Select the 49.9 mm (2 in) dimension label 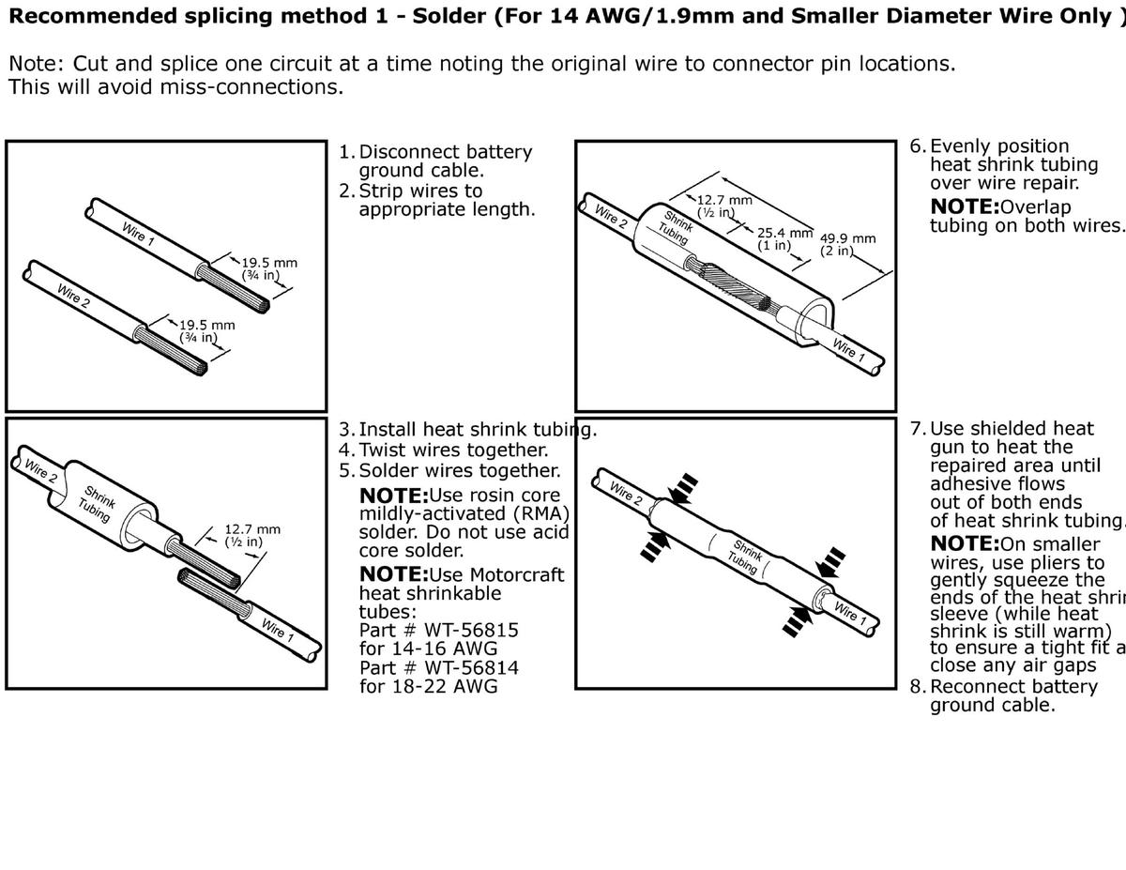click(x=848, y=244)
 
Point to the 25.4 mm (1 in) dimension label click(x=784, y=238)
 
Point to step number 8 click(x=917, y=686)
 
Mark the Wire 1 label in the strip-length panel click(x=138, y=232)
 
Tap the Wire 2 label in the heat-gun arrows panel click(x=625, y=494)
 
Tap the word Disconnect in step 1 click(x=408, y=152)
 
